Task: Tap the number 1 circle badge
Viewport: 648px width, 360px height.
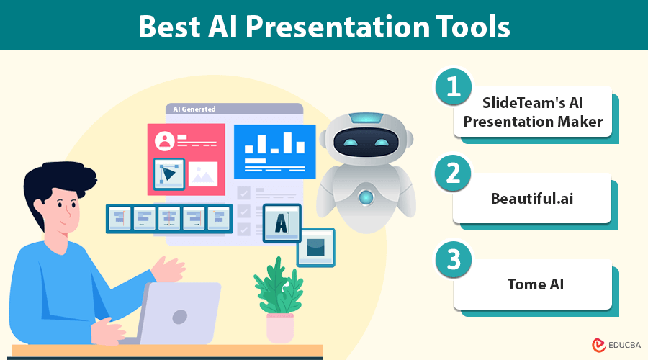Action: (x=454, y=86)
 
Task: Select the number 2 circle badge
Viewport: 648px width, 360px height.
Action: (x=454, y=173)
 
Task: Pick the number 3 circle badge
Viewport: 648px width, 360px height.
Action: (x=454, y=260)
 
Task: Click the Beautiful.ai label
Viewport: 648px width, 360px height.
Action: (x=532, y=199)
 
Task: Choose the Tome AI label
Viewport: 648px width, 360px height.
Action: (x=535, y=284)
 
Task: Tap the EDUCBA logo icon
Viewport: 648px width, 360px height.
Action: (x=598, y=345)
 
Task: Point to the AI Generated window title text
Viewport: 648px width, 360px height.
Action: (x=194, y=109)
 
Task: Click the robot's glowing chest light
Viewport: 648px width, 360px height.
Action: (x=366, y=197)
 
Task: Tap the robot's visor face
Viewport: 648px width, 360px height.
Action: (x=366, y=142)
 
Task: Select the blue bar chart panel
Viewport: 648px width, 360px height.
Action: (x=275, y=152)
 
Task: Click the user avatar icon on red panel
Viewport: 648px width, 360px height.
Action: (x=164, y=141)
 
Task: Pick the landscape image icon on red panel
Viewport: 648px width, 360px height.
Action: (x=203, y=174)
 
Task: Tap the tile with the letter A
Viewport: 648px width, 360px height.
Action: (x=282, y=223)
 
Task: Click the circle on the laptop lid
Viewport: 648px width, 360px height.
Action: (x=180, y=317)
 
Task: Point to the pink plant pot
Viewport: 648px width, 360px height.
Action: (x=280, y=328)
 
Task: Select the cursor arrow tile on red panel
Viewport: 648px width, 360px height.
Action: (x=168, y=174)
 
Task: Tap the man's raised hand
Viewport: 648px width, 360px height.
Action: (x=168, y=269)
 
